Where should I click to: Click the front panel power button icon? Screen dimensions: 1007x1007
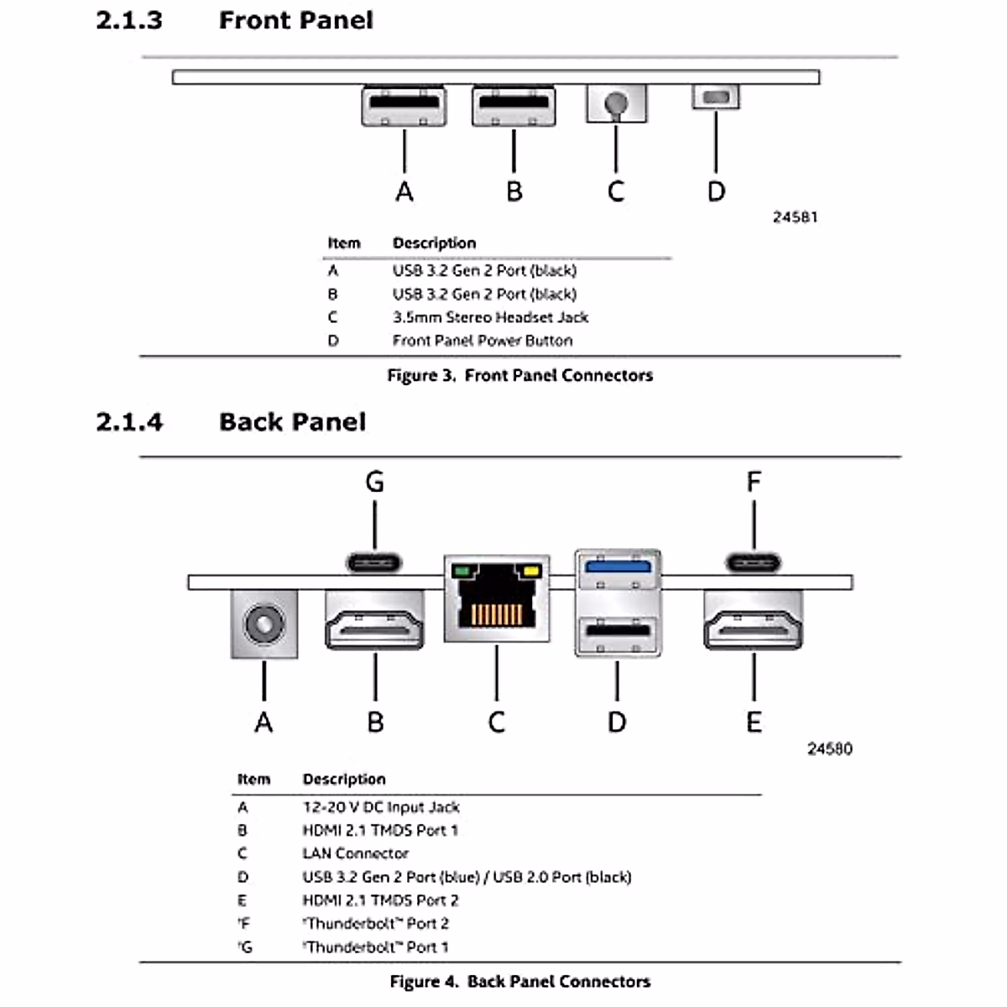(716, 97)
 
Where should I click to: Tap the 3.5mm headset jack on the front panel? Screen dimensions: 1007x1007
(616, 103)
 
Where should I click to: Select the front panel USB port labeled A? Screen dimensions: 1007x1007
(404, 105)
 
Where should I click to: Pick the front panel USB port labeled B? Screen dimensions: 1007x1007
(514, 105)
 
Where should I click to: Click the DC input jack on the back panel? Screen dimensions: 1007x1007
(263, 624)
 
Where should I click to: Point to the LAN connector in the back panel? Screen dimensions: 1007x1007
(497, 599)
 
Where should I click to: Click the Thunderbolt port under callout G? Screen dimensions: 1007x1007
(374, 561)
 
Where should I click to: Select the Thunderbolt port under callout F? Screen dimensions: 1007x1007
(754, 561)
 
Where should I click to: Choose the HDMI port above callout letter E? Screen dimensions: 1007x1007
(754, 621)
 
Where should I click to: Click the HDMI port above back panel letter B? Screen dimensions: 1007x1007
(374, 621)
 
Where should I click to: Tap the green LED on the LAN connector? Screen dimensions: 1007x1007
(461, 571)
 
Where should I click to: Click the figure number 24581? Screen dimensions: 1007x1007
(795, 217)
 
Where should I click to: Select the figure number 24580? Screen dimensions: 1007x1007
(829, 749)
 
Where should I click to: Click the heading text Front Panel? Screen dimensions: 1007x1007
(295, 20)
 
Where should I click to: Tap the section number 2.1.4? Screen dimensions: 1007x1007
(129, 421)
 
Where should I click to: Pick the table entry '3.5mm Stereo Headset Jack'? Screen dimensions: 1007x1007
(490, 317)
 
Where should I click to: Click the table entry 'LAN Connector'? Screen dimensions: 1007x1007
(355, 853)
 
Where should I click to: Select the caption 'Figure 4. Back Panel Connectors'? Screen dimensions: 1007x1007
(519, 981)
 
